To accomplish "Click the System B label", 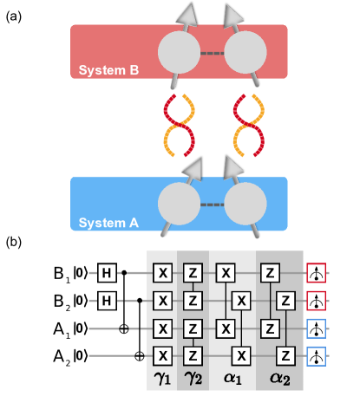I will click(x=108, y=70).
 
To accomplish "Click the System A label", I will click(x=108, y=223).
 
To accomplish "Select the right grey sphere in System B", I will click(x=245, y=54).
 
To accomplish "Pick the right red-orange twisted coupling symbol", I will click(x=247, y=127).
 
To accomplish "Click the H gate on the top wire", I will click(x=107, y=274).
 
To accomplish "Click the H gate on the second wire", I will click(x=107, y=301).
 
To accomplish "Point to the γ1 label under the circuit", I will click(x=160, y=378).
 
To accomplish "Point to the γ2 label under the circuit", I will click(x=193, y=378).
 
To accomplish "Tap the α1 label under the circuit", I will click(x=232, y=378).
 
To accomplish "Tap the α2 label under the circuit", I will click(x=278, y=378).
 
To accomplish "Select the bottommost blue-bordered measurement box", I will click(x=317, y=355).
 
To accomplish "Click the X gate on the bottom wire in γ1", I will click(x=160, y=355).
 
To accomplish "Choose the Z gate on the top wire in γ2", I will click(x=193, y=274).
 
